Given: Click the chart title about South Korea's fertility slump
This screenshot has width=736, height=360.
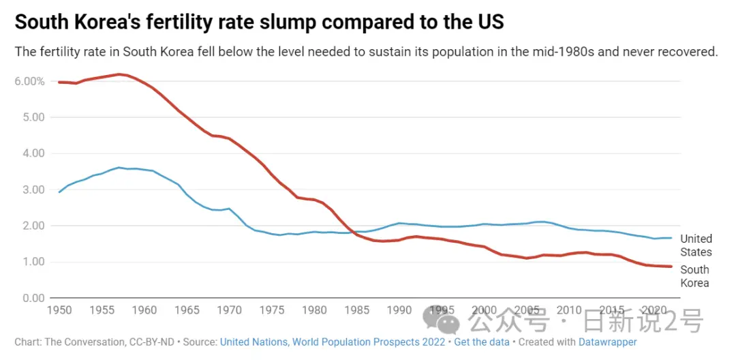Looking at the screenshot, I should point(259,22).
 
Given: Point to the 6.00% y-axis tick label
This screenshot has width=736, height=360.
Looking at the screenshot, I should point(30,81).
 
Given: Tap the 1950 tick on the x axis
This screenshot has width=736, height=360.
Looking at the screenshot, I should point(59,311).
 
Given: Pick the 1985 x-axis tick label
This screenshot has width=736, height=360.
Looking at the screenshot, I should point(356,311).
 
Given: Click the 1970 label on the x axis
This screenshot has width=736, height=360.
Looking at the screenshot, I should point(229,311).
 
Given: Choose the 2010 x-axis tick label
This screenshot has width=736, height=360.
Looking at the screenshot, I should point(569,311).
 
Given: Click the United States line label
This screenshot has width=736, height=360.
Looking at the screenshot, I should point(696,245).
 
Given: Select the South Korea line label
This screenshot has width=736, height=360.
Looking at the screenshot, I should point(694,276).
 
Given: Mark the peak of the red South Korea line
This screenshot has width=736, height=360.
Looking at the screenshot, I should point(119,74).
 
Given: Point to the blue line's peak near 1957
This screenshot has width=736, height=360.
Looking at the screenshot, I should point(119,167).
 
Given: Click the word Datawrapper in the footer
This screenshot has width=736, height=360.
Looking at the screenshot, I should point(607,342).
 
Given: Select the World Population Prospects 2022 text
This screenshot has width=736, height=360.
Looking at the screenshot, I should point(369,342).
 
